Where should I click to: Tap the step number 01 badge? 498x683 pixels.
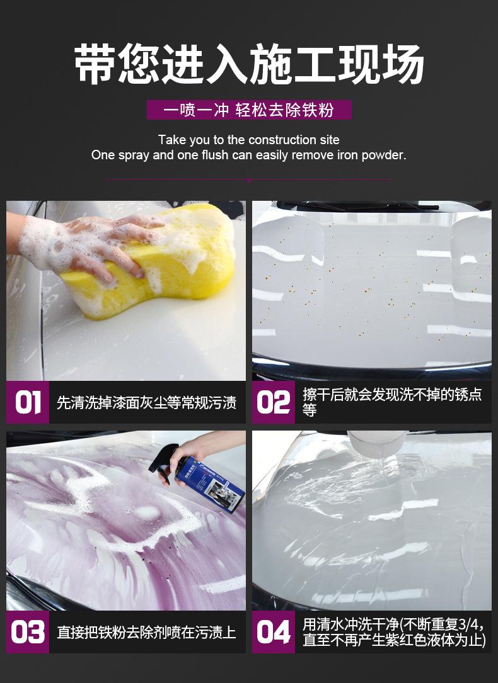pyautogui.click(x=28, y=402)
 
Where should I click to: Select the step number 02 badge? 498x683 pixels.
pyautogui.click(x=274, y=402)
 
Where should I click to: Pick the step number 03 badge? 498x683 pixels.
pyautogui.click(x=28, y=632)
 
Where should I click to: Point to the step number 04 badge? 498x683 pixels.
pyautogui.click(x=274, y=632)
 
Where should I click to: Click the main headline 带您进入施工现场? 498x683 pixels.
pyautogui.click(x=249, y=65)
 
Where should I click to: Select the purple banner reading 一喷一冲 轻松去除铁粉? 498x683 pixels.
pyautogui.click(x=249, y=110)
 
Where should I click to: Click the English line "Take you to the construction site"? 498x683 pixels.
pyautogui.click(x=249, y=140)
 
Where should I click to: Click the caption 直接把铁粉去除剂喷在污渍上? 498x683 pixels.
pyautogui.click(x=146, y=632)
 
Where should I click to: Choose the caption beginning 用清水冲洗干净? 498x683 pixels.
pyautogui.click(x=394, y=632)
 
